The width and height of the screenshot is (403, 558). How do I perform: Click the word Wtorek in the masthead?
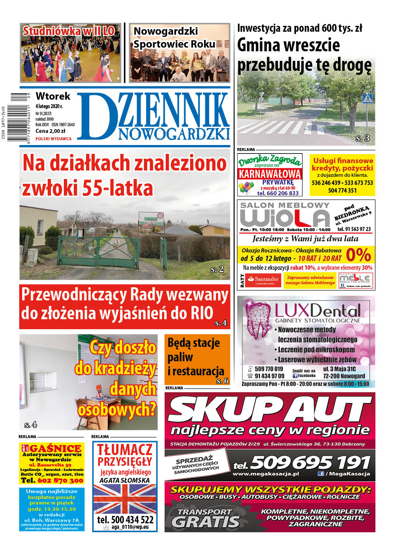(53, 96)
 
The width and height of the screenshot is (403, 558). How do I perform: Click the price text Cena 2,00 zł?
(50, 131)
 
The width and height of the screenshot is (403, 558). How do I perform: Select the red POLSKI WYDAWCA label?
(54, 139)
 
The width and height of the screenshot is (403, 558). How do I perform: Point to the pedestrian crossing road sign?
(367, 99)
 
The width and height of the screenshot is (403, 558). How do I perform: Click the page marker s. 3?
(362, 138)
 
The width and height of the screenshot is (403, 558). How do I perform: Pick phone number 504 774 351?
(342, 190)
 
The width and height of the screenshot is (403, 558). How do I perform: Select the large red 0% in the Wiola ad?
(358, 255)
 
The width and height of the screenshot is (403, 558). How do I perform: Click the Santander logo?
(263, 280)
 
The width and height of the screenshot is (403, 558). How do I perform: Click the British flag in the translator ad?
(125, 499)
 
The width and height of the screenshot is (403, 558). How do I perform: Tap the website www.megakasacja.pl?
(266, 474)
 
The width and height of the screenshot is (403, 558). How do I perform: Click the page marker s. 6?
(223, 381)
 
